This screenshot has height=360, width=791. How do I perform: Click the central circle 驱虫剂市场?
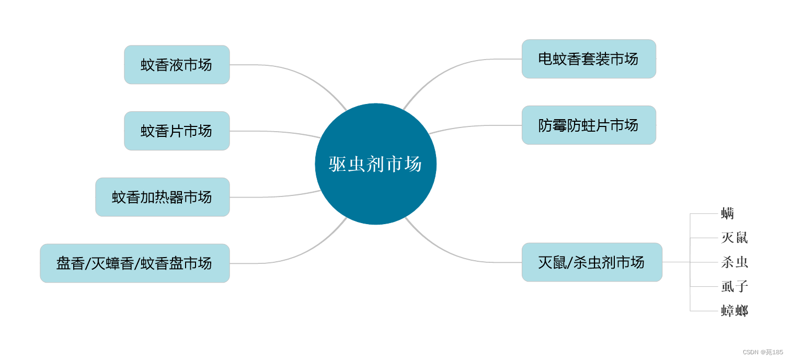pos(375,164)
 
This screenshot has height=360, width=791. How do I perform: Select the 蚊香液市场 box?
pos(177,65)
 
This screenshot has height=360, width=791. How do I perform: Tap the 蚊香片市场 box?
pos(177,131)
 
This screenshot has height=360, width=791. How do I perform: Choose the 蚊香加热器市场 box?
pos(162,197)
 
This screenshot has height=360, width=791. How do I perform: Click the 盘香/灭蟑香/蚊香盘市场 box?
pos(135,263)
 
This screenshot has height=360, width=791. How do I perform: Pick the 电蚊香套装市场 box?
pos(589,59)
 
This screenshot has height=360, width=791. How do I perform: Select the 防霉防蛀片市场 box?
pos(589,125)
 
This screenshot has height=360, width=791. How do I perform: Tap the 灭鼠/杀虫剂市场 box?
pos(592,262)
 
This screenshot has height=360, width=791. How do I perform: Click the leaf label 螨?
pos(728,213)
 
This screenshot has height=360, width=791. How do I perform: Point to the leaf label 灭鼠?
pos(735,238)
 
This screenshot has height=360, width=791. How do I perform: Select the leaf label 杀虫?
pos(735,262)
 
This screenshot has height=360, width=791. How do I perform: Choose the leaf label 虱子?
pos(735,286)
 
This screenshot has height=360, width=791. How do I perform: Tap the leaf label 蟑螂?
pos(735,311)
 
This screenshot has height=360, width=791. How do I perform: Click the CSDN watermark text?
pos(763,352)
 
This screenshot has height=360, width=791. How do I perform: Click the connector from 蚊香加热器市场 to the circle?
pos(277,196)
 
